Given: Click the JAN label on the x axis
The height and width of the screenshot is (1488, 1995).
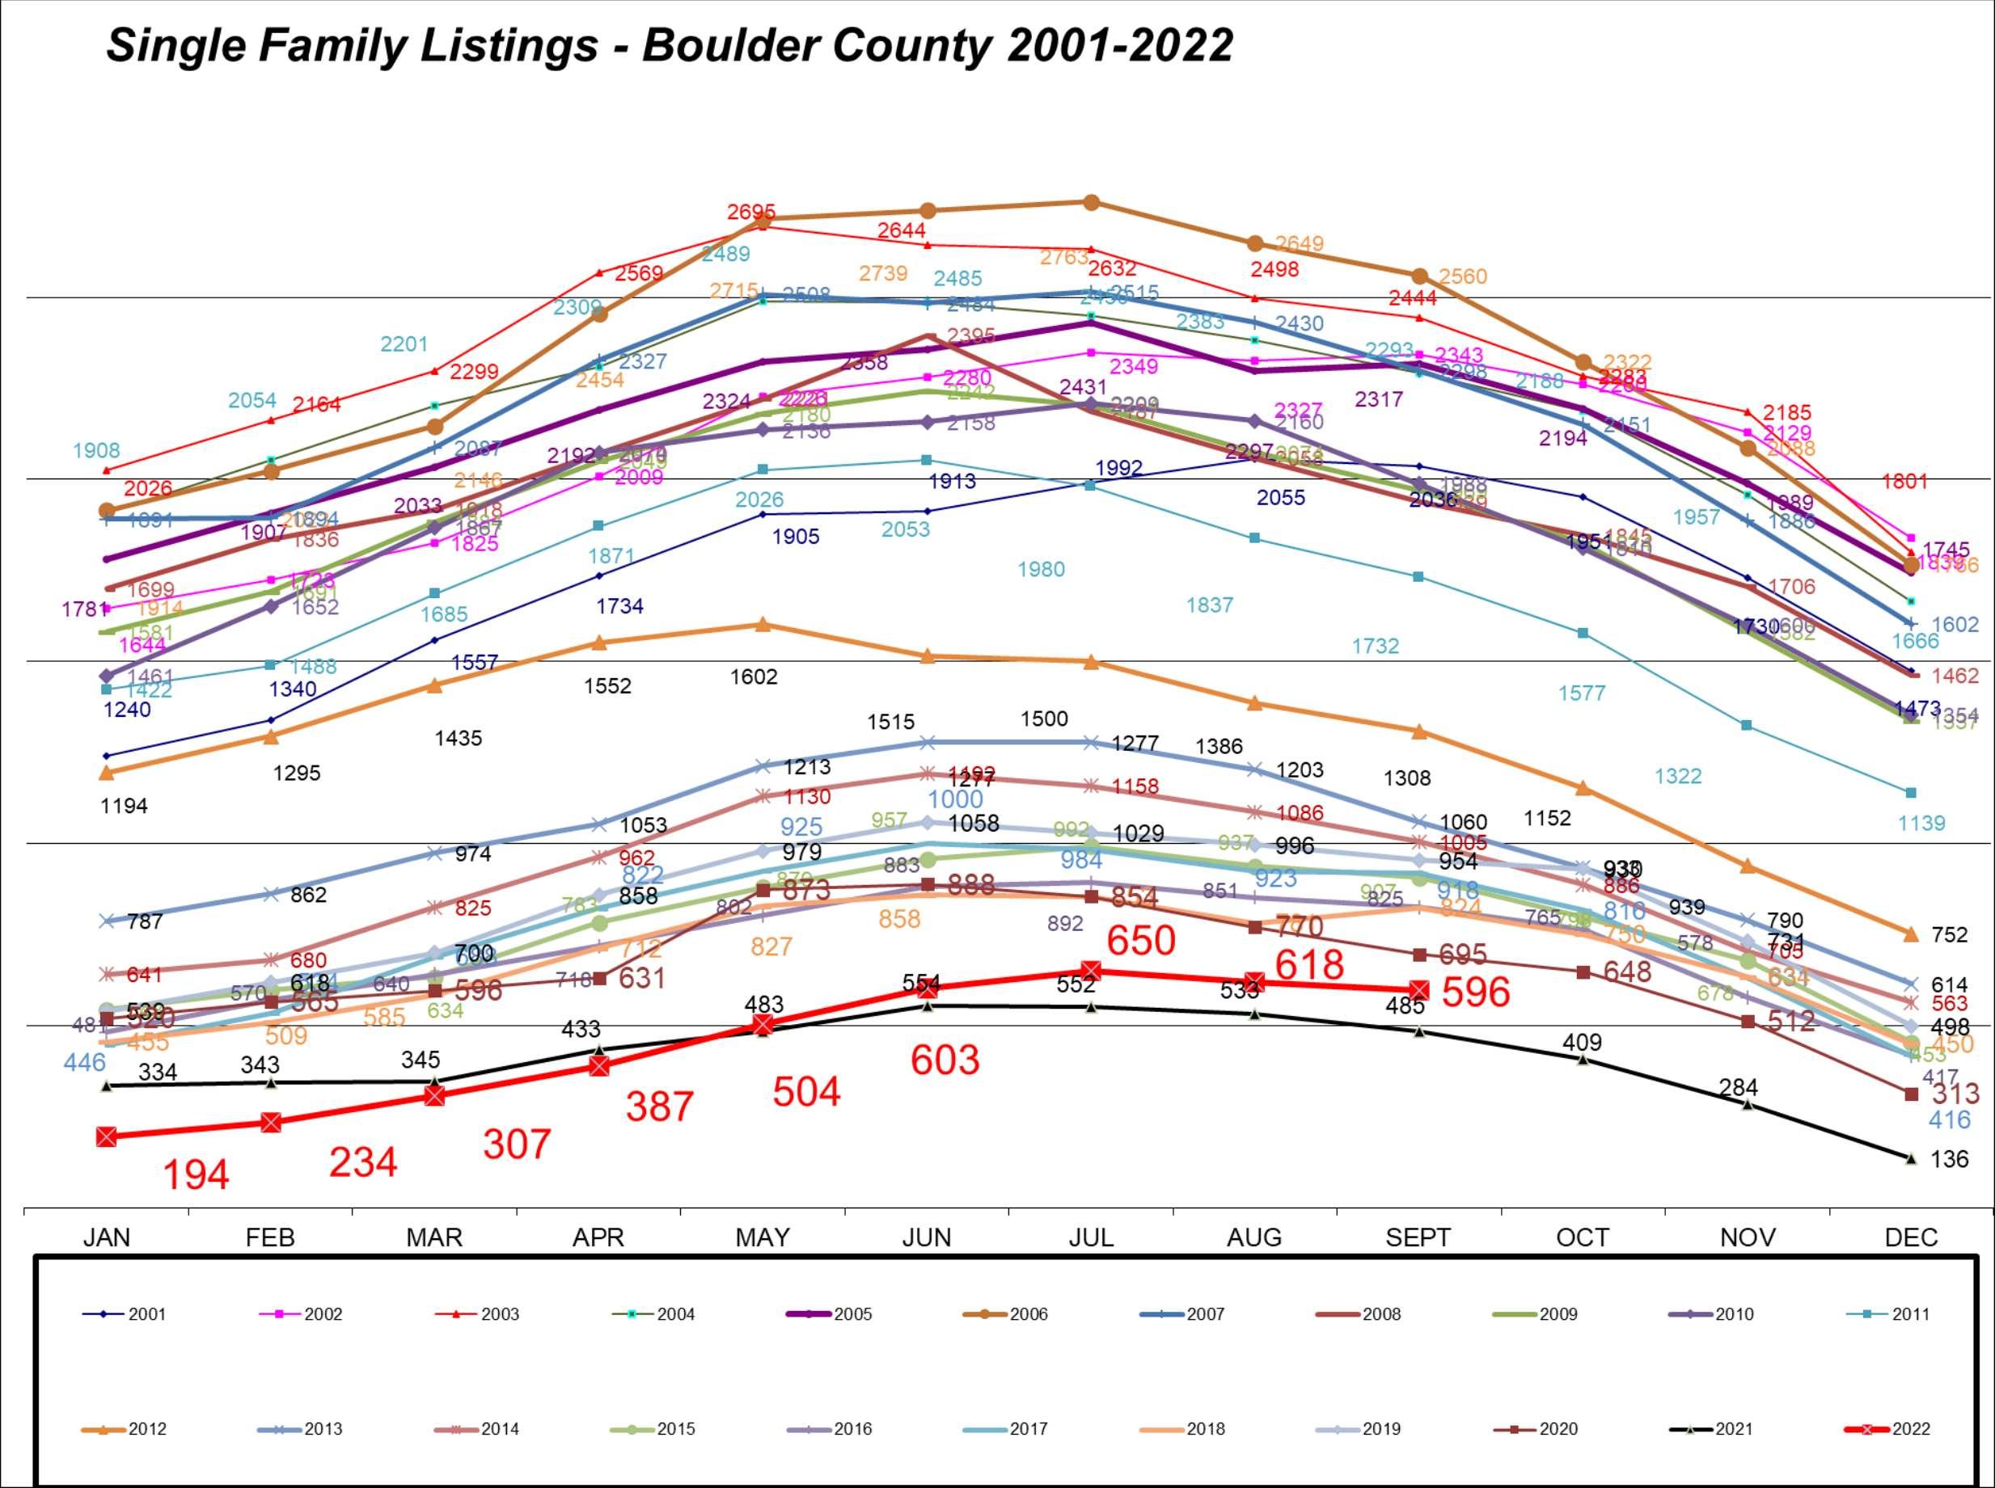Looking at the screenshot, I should click(106, 1237).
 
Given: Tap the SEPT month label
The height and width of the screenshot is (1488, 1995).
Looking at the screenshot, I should click(1418, 1237).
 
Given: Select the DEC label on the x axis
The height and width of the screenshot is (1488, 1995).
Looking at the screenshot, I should click(1910, 1237).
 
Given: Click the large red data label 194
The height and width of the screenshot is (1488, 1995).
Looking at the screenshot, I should click(196, 1174).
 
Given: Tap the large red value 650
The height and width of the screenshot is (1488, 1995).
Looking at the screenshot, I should click(1141, 940).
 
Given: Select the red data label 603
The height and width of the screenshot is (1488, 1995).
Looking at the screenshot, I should click(945, 1060).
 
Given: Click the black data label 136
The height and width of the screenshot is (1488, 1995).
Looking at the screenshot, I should click(1949, 1159).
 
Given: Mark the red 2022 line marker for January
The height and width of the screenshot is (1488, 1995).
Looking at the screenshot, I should click(106, 1136).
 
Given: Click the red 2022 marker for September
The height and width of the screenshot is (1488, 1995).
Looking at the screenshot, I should click(1418, 990).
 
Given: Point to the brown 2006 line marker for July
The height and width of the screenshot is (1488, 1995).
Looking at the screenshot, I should click(1090, 203).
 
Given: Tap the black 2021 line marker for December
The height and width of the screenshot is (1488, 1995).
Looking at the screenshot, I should click(1910, 1158).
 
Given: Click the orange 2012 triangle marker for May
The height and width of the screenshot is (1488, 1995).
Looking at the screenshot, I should click(763, 624).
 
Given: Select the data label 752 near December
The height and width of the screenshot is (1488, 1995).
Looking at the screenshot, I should click(1949, 935).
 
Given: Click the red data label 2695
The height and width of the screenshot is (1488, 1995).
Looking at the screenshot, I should click(750, 213).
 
